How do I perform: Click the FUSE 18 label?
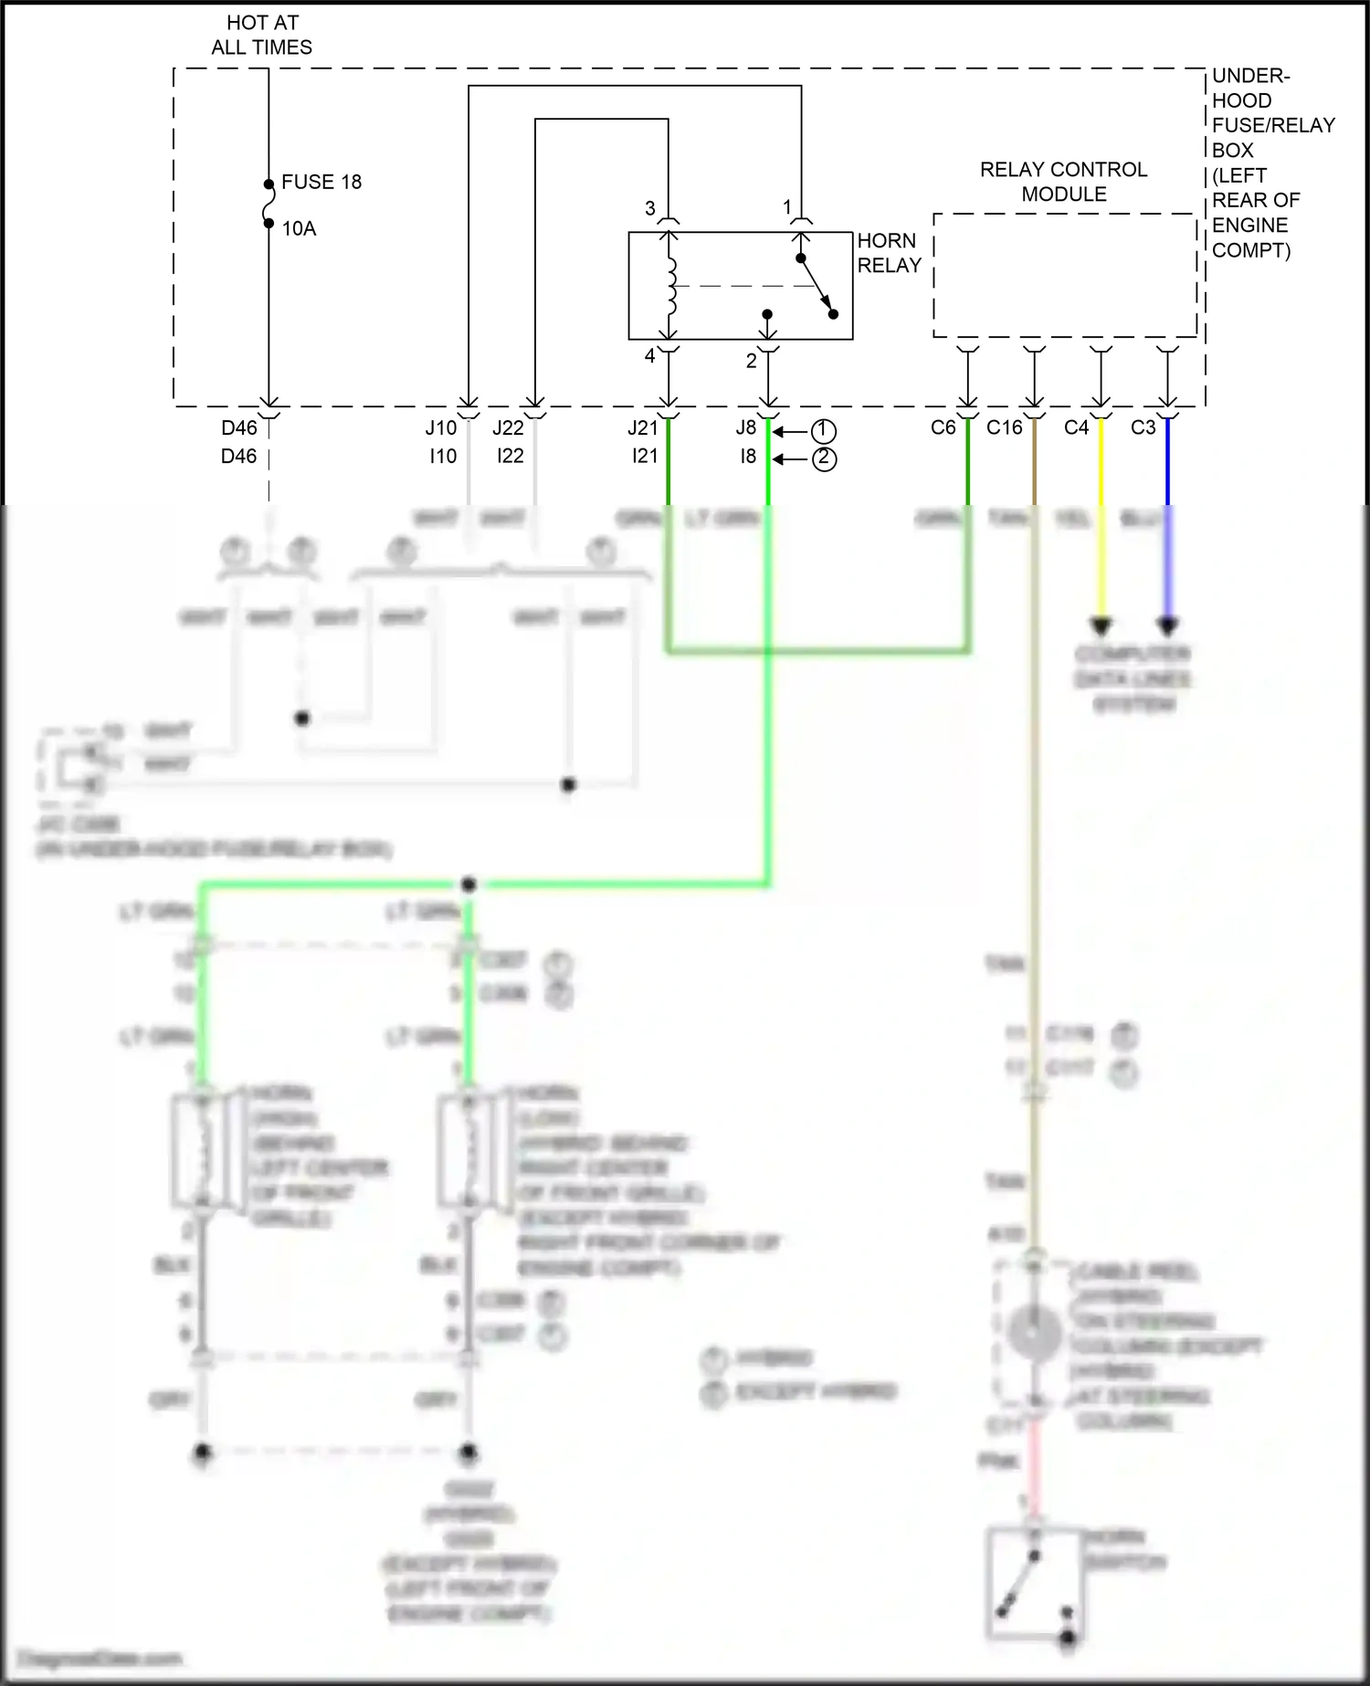[321, 182]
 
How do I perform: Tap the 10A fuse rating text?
[299, 228]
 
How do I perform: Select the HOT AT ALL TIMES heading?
[262, 35]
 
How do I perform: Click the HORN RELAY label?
[888, 253]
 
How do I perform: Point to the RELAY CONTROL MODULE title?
[1064, 182]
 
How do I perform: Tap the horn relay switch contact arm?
[817, 286]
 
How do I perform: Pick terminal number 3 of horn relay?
[650, 208]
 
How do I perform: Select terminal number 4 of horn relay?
[650, 356]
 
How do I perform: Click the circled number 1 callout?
[823, 430]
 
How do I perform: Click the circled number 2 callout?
[823, 458]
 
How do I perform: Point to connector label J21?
[643, 427]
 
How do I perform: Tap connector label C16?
[1004, 427]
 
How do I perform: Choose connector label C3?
[1143, 427]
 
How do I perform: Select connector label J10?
[441, 427]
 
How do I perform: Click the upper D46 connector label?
[239, 427]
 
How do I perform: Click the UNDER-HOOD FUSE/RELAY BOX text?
[1272, 162]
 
